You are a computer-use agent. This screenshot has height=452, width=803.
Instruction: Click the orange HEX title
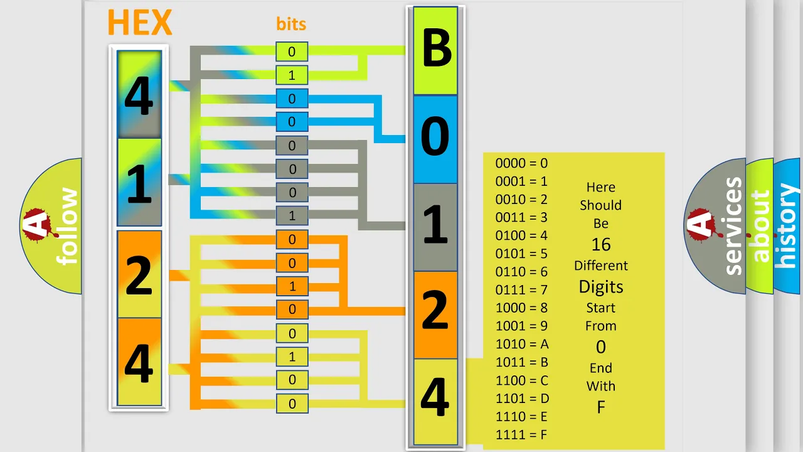[140, 22]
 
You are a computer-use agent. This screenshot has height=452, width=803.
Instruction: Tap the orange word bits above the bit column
[291, 24]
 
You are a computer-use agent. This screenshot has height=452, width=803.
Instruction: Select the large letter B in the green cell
[437, 48]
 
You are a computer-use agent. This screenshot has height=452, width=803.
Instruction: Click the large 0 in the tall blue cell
[435, 136]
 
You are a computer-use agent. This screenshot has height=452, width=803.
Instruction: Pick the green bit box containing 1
[292, 75]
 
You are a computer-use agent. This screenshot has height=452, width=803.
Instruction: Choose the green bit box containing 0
[292, 51]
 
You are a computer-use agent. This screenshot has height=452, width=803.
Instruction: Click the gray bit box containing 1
[292, 215]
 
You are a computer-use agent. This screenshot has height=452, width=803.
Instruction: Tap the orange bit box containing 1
[292, 286]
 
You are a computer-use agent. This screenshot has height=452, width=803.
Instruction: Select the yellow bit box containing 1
[292, 357]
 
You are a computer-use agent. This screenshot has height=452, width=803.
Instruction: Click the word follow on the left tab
[67, 226]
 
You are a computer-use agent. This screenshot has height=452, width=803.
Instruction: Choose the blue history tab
[787, 226]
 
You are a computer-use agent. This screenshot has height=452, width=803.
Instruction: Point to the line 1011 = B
[521, 362]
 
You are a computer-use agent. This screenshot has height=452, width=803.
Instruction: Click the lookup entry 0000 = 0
[521, 163]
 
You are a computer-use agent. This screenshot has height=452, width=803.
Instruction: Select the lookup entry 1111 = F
[521, 435]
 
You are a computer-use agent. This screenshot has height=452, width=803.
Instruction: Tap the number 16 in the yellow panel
[601, 245]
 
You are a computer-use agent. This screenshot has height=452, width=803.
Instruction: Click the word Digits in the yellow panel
[601, 287]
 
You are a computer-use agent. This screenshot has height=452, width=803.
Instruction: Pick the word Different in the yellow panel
[601, 266]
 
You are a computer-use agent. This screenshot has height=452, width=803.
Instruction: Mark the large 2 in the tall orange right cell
[435, 310]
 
